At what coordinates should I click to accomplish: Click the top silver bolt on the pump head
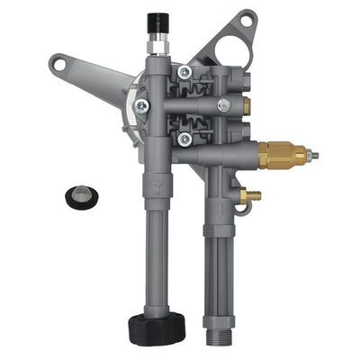pos(184,72)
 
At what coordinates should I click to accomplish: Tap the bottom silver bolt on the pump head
pos(184,138)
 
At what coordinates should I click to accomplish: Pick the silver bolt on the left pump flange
pos(142,105)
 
